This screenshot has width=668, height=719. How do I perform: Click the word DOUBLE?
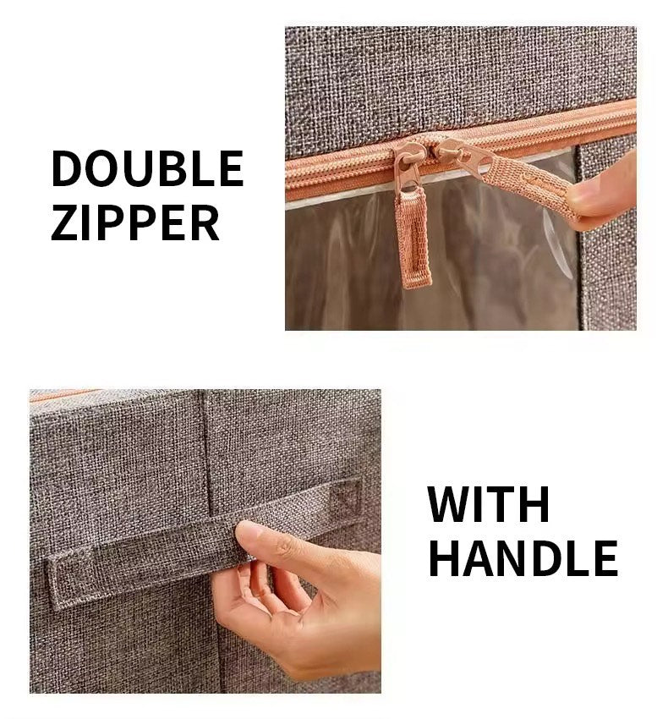(147, 168)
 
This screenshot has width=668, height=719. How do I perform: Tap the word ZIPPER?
(135, 222)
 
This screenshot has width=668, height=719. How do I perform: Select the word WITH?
(488, 504)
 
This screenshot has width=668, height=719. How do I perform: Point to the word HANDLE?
(523, 557)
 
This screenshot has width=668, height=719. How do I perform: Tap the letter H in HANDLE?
(444, 557)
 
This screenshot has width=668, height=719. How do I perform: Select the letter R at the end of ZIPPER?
(205, 222)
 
